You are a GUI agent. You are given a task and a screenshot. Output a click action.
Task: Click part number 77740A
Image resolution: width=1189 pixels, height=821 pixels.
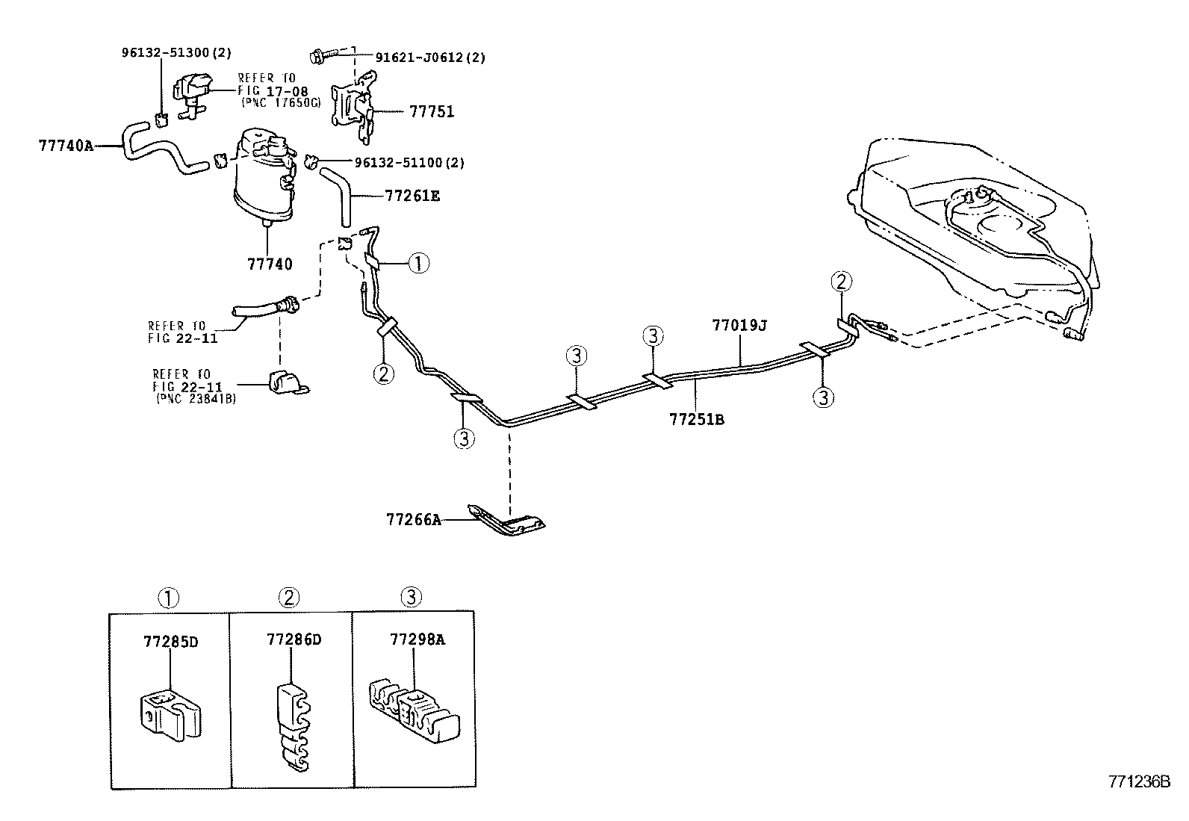click(66, 145)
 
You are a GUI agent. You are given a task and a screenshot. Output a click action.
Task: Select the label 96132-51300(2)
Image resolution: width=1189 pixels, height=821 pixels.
click(176, 52)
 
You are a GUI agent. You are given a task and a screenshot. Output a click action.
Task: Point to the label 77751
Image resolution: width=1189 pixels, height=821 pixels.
click(431, 112)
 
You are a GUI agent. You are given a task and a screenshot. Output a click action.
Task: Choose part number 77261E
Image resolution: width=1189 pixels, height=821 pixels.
click(412, 196)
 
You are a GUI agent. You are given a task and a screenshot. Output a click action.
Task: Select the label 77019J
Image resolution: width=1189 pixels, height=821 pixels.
click(739, 326)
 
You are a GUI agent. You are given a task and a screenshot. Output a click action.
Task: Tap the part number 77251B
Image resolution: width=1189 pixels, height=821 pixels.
click(696, 419)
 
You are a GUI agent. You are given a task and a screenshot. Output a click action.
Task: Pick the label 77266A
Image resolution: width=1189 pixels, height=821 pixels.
click(413, 519)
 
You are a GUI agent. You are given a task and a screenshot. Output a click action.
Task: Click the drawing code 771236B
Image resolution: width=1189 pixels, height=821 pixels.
click(1138, 781)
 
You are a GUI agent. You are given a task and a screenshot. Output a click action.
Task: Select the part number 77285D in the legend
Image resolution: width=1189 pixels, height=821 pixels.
click(170, 642)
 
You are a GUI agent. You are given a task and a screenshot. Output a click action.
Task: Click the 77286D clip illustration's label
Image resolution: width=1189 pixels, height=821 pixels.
click(294, 640)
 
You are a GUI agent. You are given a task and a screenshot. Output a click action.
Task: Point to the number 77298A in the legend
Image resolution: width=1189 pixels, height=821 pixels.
click(417, 639)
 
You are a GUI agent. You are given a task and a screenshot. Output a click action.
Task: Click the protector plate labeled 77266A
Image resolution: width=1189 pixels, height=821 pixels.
click(508, 521)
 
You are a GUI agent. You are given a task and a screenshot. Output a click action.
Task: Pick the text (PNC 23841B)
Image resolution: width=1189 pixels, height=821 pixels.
click(196, 399)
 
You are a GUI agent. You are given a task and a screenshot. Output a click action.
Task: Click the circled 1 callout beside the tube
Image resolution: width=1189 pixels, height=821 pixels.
click(419, 262)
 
